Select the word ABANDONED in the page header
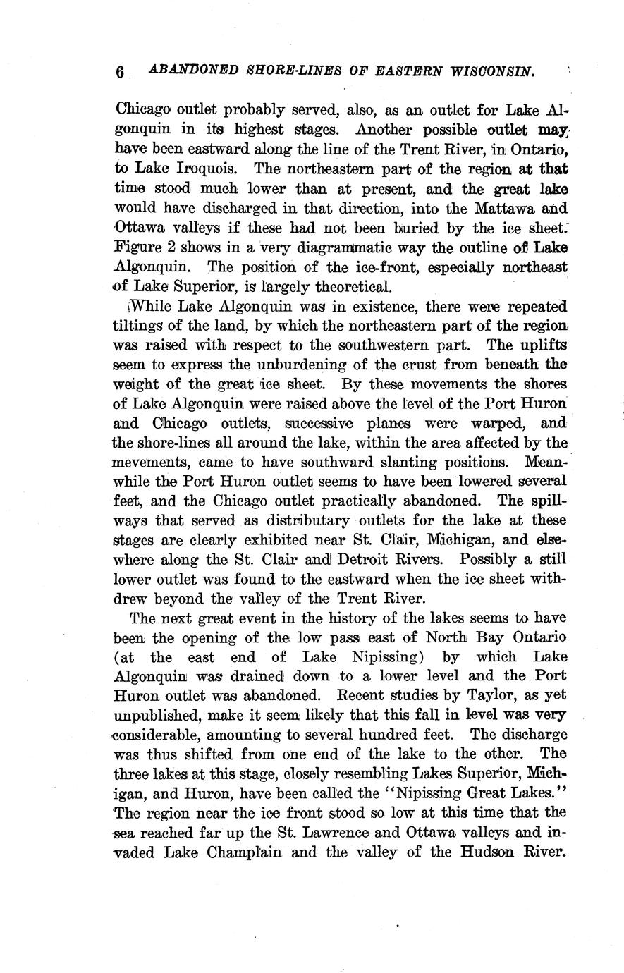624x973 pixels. (x=186, y=71)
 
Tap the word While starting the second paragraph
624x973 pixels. (x=147, y=307)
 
